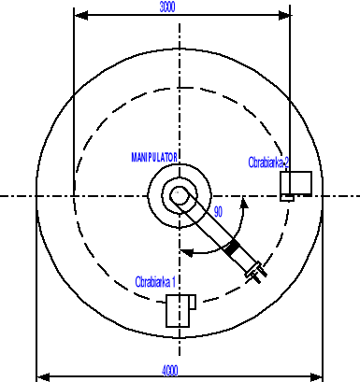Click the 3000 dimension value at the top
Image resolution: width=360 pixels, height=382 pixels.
coord(166,7)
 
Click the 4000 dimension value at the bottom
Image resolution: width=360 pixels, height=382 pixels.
coord(169,370)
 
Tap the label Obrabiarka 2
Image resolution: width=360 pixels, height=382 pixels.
coord(268,163)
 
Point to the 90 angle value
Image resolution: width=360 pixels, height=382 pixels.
coord(218,212)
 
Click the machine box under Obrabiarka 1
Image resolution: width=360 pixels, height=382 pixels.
coord(179,310)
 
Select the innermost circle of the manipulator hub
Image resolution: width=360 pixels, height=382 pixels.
coord(176,197)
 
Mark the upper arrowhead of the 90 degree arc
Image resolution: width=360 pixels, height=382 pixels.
coord(244,200)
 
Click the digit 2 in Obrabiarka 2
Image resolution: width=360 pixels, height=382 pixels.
coord(287,163)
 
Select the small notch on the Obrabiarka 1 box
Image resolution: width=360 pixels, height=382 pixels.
coord(190,300)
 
